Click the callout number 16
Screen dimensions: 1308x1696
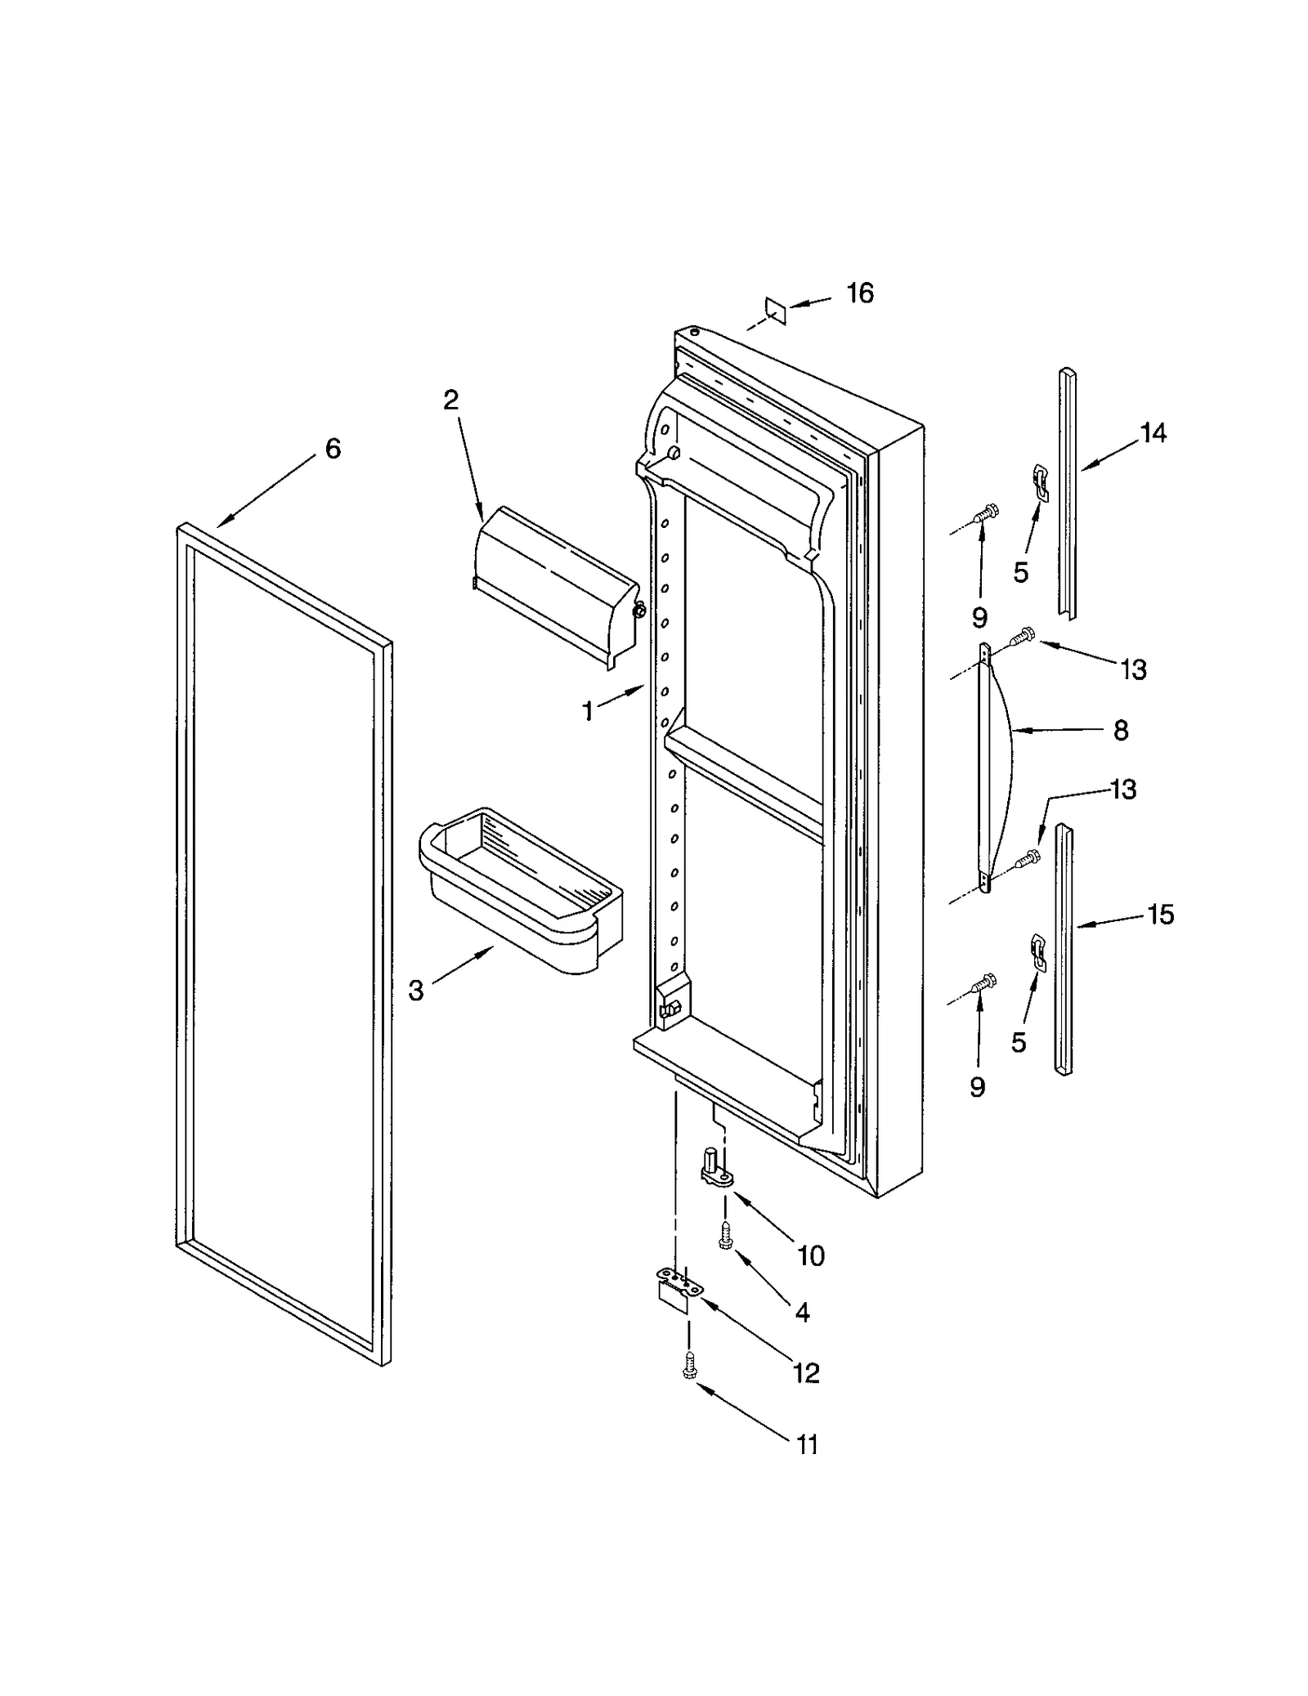[x=859, y=293]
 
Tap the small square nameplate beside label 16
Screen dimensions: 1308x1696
[x=774, y=311]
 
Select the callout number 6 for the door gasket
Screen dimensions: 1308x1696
[x=333, y=449]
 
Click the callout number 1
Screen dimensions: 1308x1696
[x=588, y=712]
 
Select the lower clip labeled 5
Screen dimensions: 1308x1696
[x=1037, y=951]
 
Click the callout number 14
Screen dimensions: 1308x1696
[x=1153, y=433]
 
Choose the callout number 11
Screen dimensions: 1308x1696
[x=806, y=1445]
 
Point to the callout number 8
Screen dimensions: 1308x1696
[x=1121, y=730]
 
